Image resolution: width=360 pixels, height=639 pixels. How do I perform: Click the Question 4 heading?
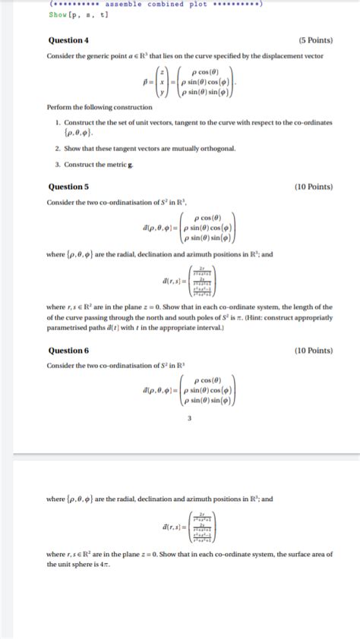click(68, 40)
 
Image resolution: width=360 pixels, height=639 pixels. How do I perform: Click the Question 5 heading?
click(68, 187)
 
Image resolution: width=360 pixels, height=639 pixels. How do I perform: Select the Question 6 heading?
click(68, 351)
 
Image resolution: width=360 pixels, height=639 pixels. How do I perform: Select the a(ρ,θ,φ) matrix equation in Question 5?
click(191, 228)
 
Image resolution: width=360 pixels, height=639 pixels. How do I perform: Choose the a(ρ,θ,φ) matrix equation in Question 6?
click(191, 391)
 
